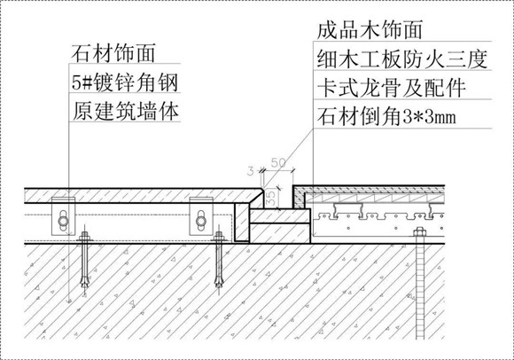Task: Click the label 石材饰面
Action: coord(113,53)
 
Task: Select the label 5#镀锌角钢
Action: coord(125,82)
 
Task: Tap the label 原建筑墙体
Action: coord(126,112)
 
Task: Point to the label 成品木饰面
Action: coord(370,30)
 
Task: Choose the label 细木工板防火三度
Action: coord(401,59)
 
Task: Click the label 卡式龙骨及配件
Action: coord(392,88)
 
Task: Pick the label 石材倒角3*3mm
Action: coord(386,117)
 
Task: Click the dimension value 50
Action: coord(278,162)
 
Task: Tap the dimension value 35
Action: coord(271,199)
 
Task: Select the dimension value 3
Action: coord(251,171)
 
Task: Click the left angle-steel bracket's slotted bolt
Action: coord(63,221)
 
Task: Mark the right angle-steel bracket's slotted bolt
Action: coord(201,221)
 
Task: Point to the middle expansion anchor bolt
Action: coord(219,260)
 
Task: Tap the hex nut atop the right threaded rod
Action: coord(419,232)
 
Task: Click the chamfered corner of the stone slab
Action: coord(263,192)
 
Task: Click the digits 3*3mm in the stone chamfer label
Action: coord(430,117)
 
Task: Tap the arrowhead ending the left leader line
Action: coord(69,300)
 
